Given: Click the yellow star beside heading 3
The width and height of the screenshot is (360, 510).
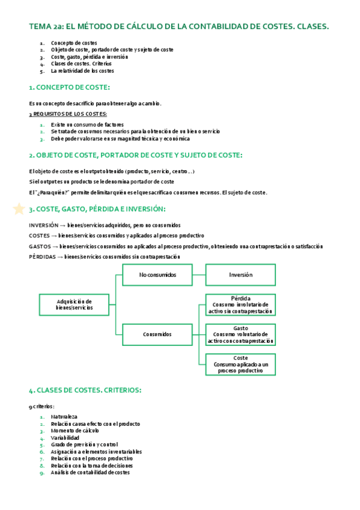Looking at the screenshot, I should click(19, 209).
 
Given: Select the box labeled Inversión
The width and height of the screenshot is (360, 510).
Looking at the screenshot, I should click(240, 275).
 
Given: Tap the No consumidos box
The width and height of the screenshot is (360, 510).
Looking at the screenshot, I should click(157, 275).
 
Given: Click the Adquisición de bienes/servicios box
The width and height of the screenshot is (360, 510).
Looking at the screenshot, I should click(74, 304).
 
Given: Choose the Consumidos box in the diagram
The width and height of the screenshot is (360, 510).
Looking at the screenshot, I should click(157, 334).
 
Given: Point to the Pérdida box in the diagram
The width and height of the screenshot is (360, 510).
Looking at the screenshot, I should click(240, 305).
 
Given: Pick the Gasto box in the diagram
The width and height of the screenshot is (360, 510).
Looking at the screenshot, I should click(240, 334).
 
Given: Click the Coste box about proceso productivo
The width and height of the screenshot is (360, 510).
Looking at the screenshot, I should click(240, 364).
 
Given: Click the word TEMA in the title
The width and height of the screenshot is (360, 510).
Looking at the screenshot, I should click(39, 26).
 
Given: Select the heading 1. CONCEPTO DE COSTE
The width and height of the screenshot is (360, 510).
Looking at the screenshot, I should click(69, 88).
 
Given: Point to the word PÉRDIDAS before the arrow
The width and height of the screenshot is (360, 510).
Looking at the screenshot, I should click(43, 257).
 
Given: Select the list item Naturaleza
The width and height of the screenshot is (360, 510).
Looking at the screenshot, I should click(64, 417).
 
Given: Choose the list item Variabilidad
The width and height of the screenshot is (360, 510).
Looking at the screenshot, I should click(65, 438).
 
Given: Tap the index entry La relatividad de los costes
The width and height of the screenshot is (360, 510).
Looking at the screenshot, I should click(82, 71).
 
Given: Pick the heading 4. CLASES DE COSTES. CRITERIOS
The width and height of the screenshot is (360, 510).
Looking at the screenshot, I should click(85, 390).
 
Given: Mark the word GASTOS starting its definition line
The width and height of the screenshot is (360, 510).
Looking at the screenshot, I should click(40, 246).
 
